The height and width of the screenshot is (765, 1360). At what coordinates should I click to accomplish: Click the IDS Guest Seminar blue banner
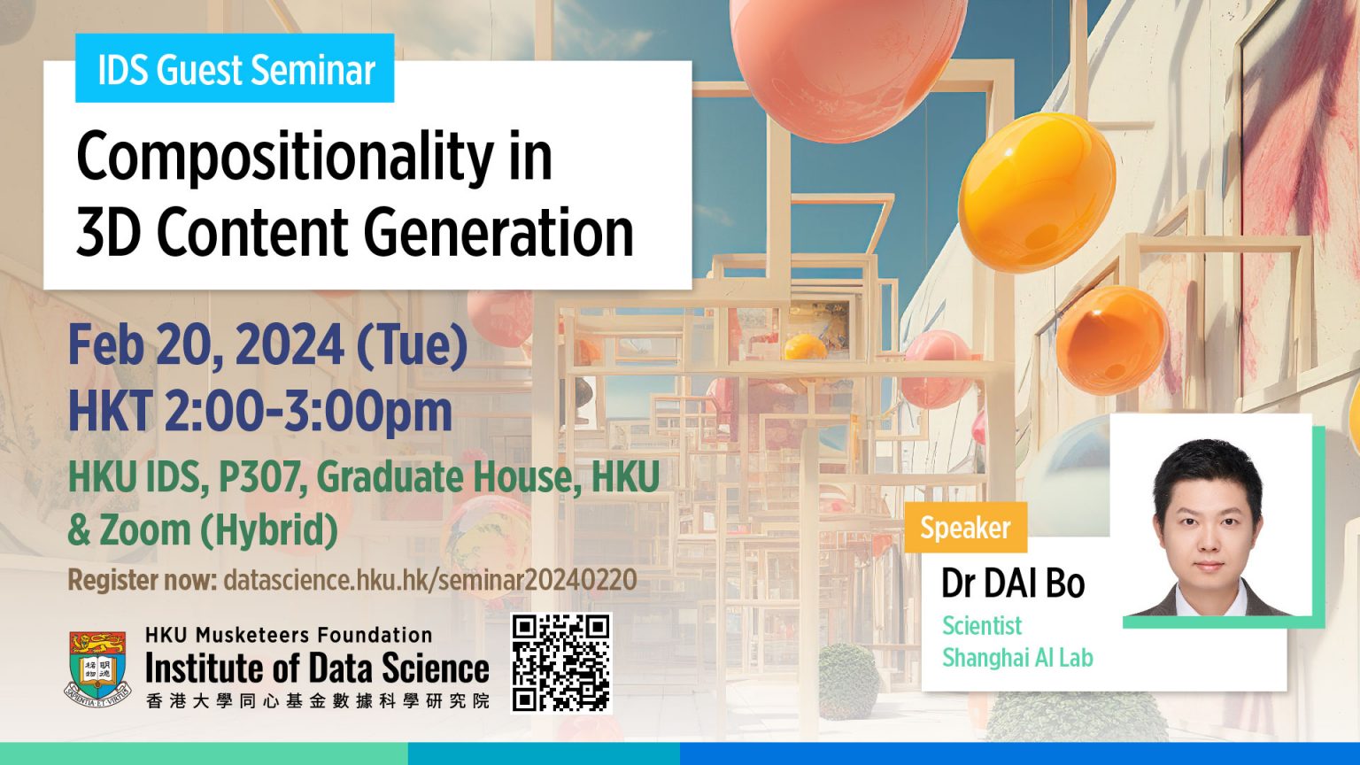(x=235, y=69)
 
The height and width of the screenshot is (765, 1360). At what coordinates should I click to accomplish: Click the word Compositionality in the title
(x=283, y=157)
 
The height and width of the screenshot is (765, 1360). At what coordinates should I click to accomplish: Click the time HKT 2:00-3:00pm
(x=259, y=412)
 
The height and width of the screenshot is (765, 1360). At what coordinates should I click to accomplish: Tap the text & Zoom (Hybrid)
(x=203, y=530)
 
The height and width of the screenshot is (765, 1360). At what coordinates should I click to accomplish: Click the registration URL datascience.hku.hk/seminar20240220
(x=430, y=581)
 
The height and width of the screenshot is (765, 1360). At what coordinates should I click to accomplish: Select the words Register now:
(x=142, y=581)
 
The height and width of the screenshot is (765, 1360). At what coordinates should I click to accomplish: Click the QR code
(x=561, y=662)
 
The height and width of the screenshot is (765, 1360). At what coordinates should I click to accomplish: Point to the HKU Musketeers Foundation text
(x=289, y=635)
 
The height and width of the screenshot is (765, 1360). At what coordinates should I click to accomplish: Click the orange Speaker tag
(x=965, y=528)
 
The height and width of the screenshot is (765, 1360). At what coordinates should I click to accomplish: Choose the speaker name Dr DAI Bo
(x=1012, y=583)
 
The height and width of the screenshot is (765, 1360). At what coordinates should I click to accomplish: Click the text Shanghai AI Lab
(x=1017, y=658)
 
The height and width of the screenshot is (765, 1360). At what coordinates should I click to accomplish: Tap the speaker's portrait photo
(x=1211, y=522)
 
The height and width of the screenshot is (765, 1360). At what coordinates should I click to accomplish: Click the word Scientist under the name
(x=981, y=626)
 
